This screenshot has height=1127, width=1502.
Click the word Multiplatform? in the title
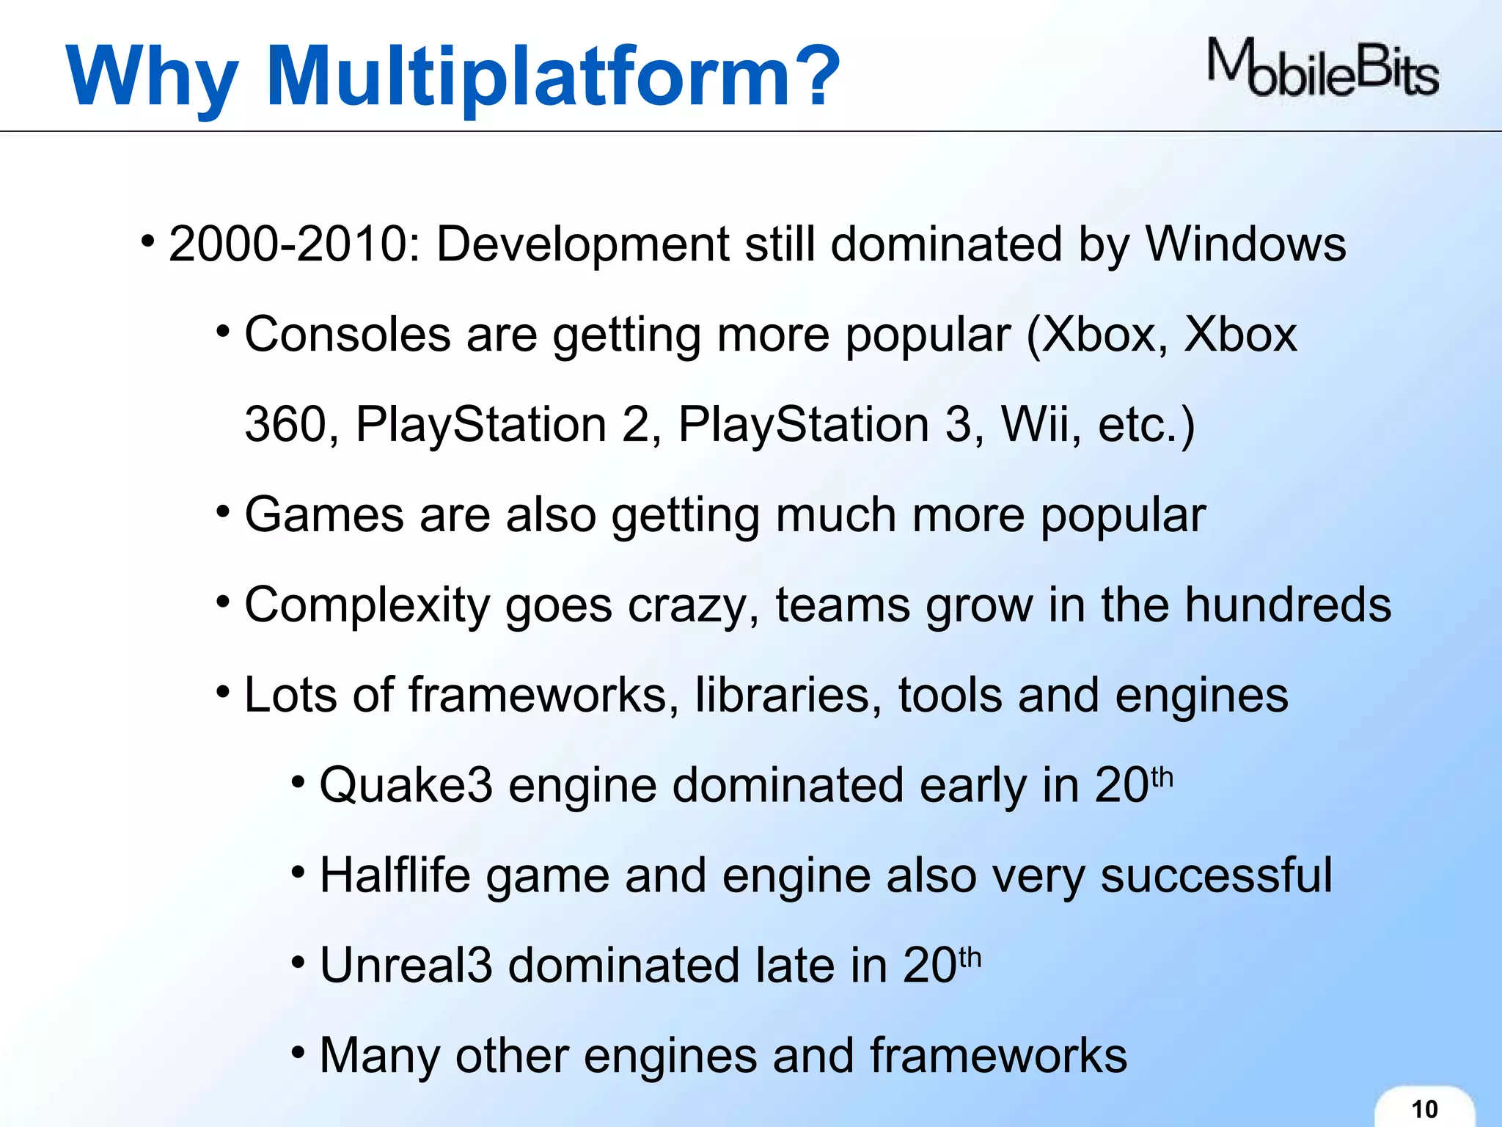(554, 76)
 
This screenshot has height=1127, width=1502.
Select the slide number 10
(1424, 1109)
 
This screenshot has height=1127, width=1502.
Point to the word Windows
(1245, 244)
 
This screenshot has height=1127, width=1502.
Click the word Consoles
(347, 335)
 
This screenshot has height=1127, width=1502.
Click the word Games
(323, 514)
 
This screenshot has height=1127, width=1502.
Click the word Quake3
(406, 786)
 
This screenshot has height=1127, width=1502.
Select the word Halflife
(395, 875)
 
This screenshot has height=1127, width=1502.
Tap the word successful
(1216, 875)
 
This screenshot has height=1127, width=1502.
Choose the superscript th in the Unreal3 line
(970, 957)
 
